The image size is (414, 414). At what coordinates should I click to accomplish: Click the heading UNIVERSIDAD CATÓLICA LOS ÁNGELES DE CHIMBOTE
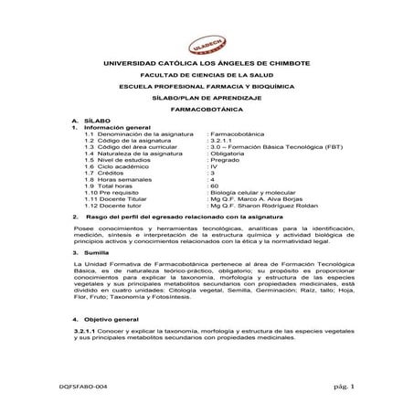[207, 63]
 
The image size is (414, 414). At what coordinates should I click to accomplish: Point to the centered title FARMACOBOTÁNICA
[207, 109]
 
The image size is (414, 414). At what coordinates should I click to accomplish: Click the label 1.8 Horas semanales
[118, 181]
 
